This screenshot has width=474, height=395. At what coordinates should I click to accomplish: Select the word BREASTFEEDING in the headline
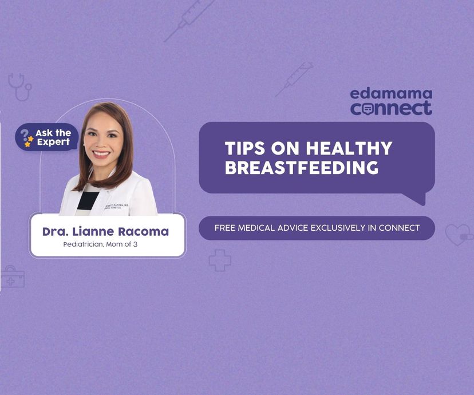[302, 168]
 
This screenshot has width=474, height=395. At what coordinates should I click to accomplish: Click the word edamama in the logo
[391, 94]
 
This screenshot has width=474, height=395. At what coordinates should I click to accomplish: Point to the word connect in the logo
[391, 108]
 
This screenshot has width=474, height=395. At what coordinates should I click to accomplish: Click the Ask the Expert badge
[46, 137]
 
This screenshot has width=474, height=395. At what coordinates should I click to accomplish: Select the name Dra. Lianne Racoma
[105, 232]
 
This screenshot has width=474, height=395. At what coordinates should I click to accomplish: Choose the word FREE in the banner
[225, 228]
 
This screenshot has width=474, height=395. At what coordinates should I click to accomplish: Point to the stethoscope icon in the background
[19, 86]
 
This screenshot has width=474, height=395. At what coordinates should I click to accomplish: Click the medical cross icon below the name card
[220, 260]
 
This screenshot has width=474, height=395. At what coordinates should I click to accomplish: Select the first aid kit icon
[11, 277]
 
